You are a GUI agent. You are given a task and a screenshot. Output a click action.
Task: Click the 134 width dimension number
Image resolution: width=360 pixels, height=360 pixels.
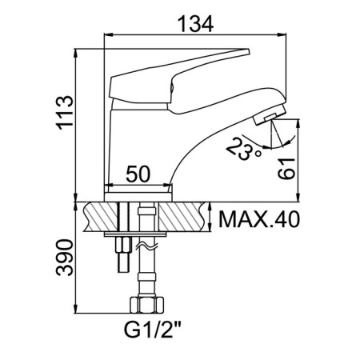[x=195, y=23]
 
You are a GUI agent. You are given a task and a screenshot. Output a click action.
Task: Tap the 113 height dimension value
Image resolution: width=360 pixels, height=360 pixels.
[x=64, y=113]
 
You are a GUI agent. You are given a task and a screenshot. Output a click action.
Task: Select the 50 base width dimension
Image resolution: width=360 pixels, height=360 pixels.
[x=138, y=174]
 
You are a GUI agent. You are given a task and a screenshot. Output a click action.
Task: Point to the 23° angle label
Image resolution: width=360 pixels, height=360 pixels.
[x=244, y=149]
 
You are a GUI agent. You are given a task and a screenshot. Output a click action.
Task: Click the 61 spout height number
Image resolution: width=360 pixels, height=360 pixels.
[x=286, y=169]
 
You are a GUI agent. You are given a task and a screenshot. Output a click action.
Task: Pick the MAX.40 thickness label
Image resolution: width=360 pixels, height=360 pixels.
[x=259, y=219]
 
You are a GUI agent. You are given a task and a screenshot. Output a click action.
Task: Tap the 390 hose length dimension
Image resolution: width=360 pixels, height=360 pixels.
[x=64, y=258]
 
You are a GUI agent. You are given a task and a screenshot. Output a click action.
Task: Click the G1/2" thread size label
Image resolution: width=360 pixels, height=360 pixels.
[x=153, y=330]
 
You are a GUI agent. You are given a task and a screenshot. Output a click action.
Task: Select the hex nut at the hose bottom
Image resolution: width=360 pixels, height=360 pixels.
[x=146, y=305]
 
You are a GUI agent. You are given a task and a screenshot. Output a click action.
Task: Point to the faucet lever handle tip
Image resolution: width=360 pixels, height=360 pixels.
[x=247, y=52]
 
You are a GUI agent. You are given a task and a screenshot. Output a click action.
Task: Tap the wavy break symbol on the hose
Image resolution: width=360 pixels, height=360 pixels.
[x=146, y=246]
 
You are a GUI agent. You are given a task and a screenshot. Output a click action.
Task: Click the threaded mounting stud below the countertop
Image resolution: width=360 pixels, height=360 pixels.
[x=123, y=254]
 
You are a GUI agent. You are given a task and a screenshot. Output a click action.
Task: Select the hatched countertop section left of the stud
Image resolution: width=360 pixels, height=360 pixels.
[x=101, y=217]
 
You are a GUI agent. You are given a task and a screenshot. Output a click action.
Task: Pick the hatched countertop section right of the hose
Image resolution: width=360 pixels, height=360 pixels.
[x=183, y=217]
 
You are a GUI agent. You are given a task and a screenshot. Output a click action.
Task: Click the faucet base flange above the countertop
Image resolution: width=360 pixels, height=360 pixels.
[x=138, y=197]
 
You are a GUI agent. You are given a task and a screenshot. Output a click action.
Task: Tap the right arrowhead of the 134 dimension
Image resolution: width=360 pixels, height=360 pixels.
[x=282, y=34]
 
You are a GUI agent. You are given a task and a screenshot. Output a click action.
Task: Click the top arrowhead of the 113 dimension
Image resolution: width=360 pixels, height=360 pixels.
[x=76, y=53]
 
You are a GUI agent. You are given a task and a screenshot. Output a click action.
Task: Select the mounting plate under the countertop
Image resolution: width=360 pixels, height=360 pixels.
[x=135, y=234]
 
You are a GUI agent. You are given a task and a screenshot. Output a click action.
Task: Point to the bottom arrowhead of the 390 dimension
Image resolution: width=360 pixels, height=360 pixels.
[x=76, y=309]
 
